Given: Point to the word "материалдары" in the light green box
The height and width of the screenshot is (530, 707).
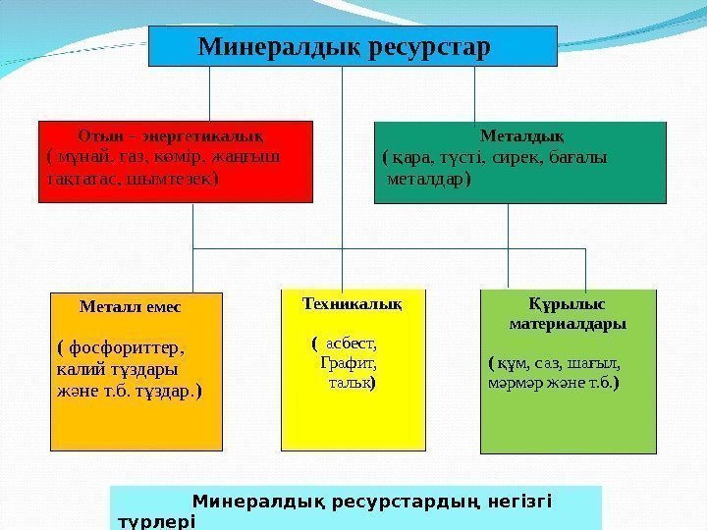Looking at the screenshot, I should click(568, 322).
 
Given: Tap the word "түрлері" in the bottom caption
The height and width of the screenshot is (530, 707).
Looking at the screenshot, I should click(156, 521).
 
